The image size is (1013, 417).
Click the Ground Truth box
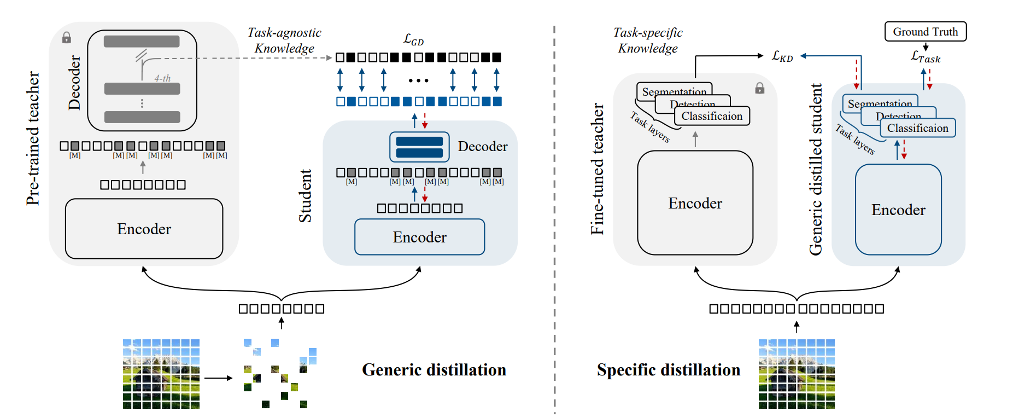925,32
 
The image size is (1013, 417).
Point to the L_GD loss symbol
413,39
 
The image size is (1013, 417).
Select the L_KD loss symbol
782,56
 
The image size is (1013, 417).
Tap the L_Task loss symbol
925,57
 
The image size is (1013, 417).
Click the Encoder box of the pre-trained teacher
144,229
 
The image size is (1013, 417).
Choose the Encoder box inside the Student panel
419,237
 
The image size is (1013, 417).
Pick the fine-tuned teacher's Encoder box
695,203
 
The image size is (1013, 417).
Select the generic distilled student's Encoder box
898,210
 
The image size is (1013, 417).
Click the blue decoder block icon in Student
419,147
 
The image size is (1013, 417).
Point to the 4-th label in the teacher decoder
162,78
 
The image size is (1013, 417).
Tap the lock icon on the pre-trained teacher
67,37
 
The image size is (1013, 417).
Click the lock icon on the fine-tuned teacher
759,88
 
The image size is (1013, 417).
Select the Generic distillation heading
434,370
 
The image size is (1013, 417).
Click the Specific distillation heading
668,370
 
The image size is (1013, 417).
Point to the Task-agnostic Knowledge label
284,40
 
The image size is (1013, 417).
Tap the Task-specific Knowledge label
648,40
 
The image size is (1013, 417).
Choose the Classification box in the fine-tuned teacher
712,116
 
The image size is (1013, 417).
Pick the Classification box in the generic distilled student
917,128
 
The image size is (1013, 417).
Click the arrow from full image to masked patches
218,378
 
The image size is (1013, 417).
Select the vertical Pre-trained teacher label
33,138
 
